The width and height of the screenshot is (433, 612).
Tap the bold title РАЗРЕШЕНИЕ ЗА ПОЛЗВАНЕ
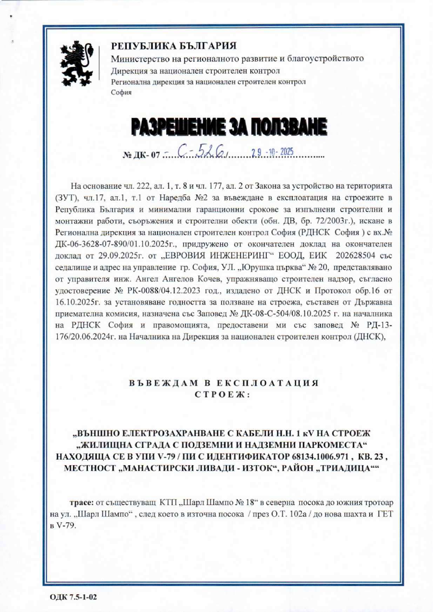228,127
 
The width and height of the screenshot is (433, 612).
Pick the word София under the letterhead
121,92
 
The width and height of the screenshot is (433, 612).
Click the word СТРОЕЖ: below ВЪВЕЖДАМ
216,393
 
